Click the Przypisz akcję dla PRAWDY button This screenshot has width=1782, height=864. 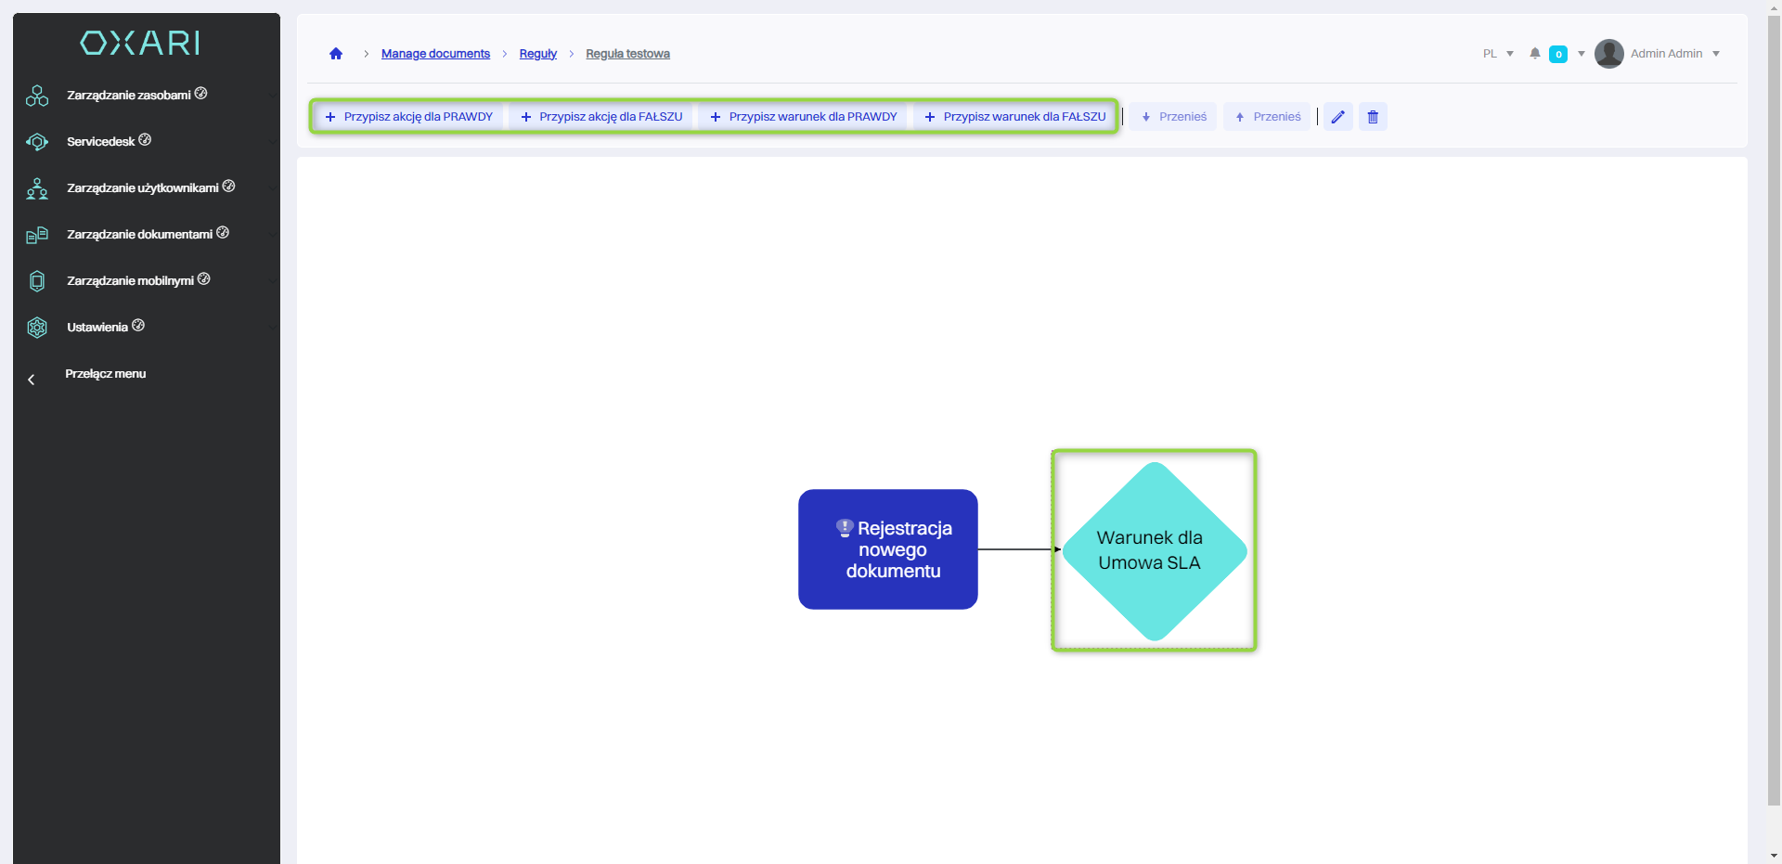[x=409, y=117]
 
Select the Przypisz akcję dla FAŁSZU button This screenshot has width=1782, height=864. [x=601, y=117]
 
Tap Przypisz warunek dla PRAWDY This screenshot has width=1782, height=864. [x=804, y=117]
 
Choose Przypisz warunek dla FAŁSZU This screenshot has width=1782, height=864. [x=1015, y=117]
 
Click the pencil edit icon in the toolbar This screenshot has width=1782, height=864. [x=1337, y=117]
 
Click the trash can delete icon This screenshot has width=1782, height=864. [x=1373, y=117]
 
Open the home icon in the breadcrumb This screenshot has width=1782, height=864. [x=336, y=54]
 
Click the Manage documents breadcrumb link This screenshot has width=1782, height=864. [x=435, y=54]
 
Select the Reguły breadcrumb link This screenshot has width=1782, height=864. [x=538, y=54]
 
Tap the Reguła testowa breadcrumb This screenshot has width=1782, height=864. [x=627, y=54]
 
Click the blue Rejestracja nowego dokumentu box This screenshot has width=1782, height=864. [x=888, y=549]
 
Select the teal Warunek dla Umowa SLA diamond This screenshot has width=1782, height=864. [x=1154, y=550]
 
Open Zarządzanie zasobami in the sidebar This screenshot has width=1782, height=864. [x=129, y=96]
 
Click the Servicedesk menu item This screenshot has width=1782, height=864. [x=101, y=142]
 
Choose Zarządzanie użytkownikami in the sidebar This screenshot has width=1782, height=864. [x=143, y=188]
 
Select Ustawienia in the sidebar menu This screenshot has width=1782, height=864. [x=97, y=328]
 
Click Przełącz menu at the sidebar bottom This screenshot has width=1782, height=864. [x=105, y=374]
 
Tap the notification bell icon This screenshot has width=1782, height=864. [x=1535, y=54]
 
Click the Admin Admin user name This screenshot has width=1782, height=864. [x=1666, y=54]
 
